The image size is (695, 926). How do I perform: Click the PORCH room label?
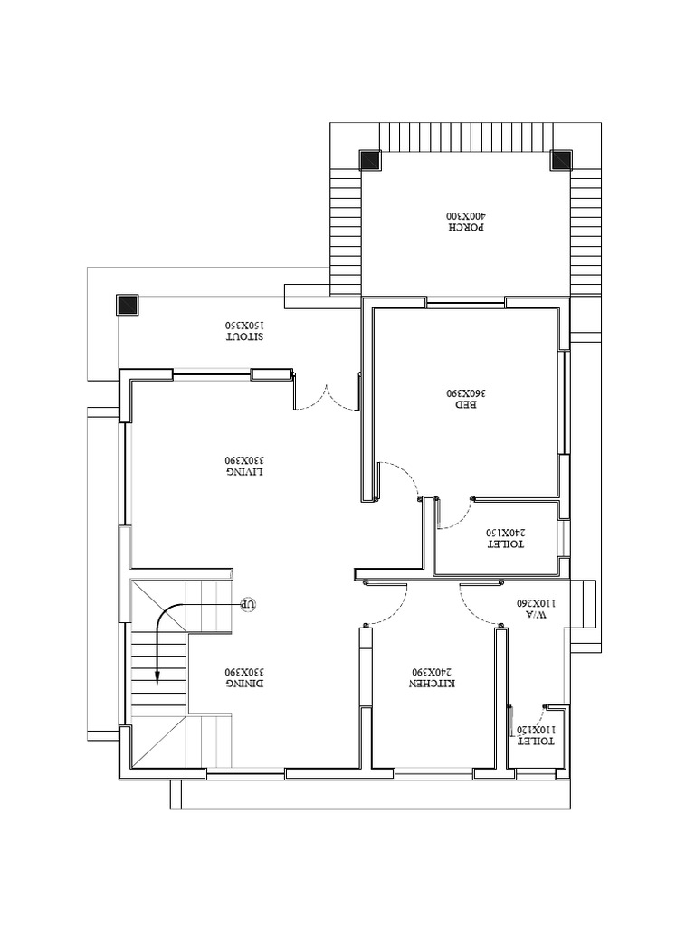click(x=468, y=227)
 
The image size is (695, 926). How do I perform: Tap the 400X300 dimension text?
click(x=468, y=215)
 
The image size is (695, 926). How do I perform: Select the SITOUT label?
click(x=244, y=337)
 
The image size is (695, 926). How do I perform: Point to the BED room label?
click(x=466, y=405)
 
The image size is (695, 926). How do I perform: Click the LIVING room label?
click(x=244, y=472)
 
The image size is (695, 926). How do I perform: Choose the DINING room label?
click(x=244, y=684)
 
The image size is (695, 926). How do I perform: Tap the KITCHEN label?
click(x=433, y=684)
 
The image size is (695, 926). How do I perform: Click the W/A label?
click(x=536, y=615)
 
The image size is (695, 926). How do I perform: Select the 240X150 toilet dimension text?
click(x=505, y=533)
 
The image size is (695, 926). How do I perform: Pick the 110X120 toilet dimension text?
click(x=536, y=730)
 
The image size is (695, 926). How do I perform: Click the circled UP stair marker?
click(x=249, y=605)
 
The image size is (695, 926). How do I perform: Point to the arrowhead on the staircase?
click(x=157, y=676)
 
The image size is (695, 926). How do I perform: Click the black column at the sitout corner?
click(x=127, y=305)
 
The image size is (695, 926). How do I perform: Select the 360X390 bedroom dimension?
click(x=466, y=392)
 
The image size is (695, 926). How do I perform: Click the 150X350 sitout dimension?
click(x=244, y=326)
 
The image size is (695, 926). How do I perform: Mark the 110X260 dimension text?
click(x=536, y=603)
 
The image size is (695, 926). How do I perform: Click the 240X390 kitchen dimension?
click(x=433, y=672)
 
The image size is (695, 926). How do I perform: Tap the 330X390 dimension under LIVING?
click(x=244, y=460)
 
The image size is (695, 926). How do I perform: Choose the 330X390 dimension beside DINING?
click(x=244, y=672)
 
